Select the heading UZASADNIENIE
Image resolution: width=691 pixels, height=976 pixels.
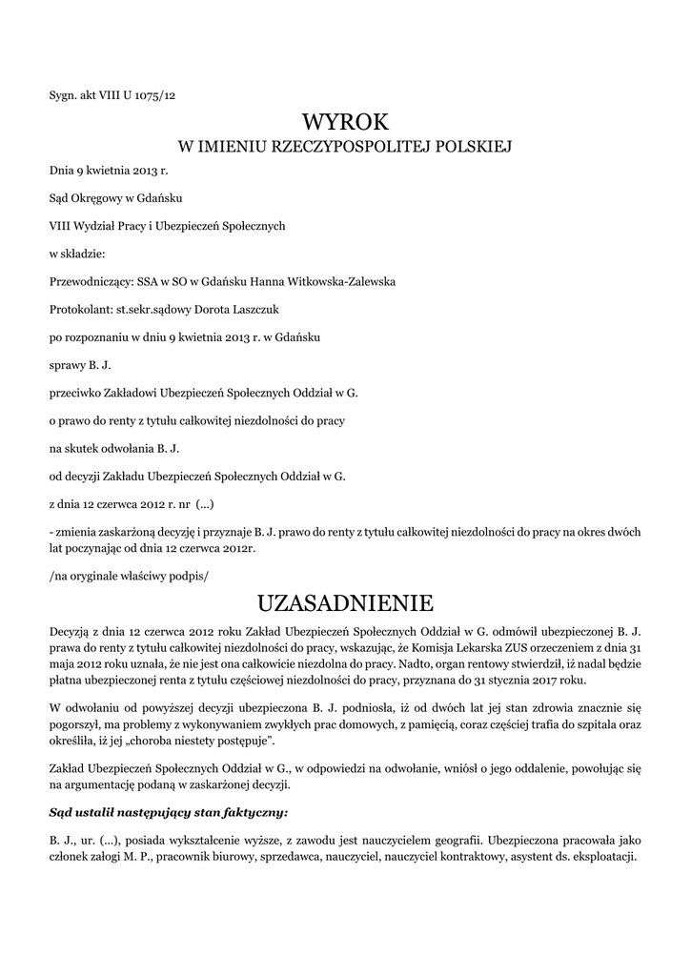345,603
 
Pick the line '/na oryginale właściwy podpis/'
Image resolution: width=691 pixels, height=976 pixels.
128,576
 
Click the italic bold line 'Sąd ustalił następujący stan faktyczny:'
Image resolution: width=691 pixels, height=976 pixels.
168,813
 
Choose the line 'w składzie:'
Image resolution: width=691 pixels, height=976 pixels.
77,254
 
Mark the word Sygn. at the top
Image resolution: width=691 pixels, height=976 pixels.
63,94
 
